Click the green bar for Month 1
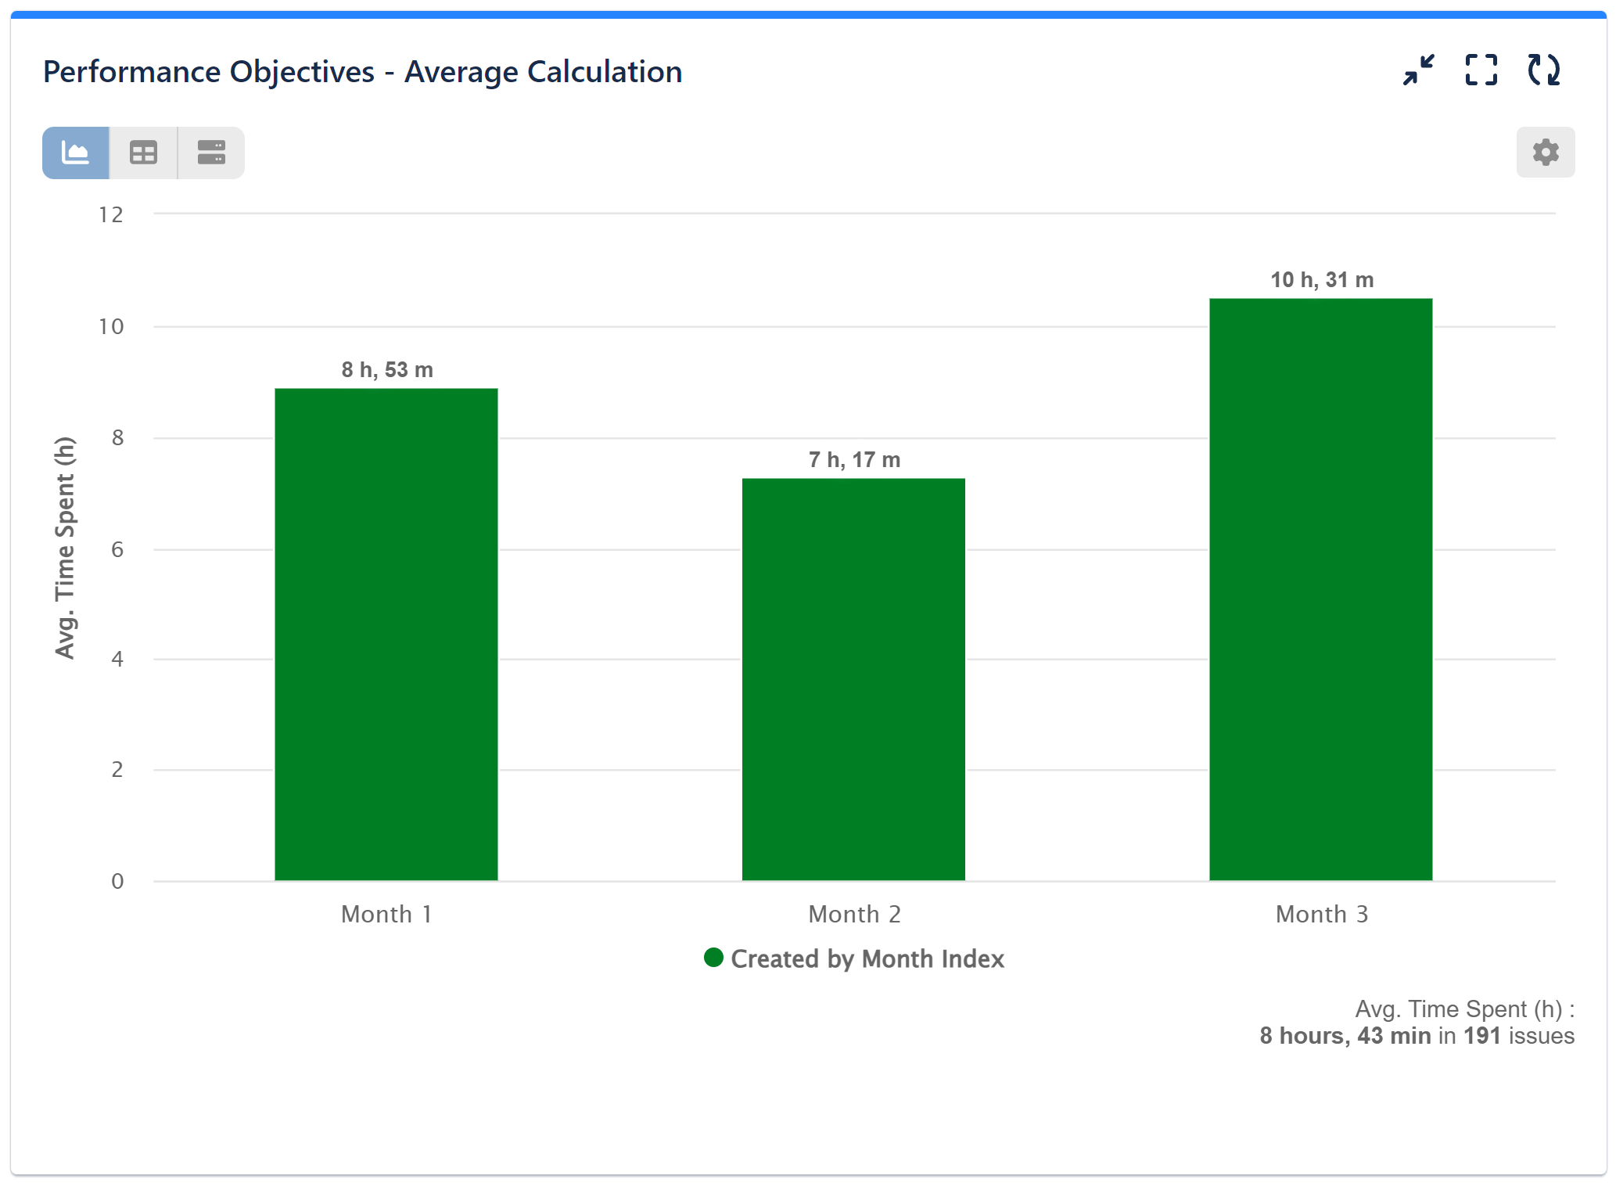click(386, 634)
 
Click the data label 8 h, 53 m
click(387, 369)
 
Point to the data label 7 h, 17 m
click(854, 459)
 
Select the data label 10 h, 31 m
click(1322, 279)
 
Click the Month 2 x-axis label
click(854, 914)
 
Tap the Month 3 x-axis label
click(1322, 914)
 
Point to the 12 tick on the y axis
click(111, 214)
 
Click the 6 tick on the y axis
click(117, 549)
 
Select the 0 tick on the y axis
click(117, 881)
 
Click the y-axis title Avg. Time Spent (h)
click(65, 548)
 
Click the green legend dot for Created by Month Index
click(713, 958)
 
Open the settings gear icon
click(1545, 152)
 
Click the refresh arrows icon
click(1543, 70)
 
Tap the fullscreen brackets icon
click(1481, 70)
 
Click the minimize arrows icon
click(1418, 70)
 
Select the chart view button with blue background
click(76, 153)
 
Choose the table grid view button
click(143, 153)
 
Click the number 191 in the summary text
click(1481, 1035)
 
